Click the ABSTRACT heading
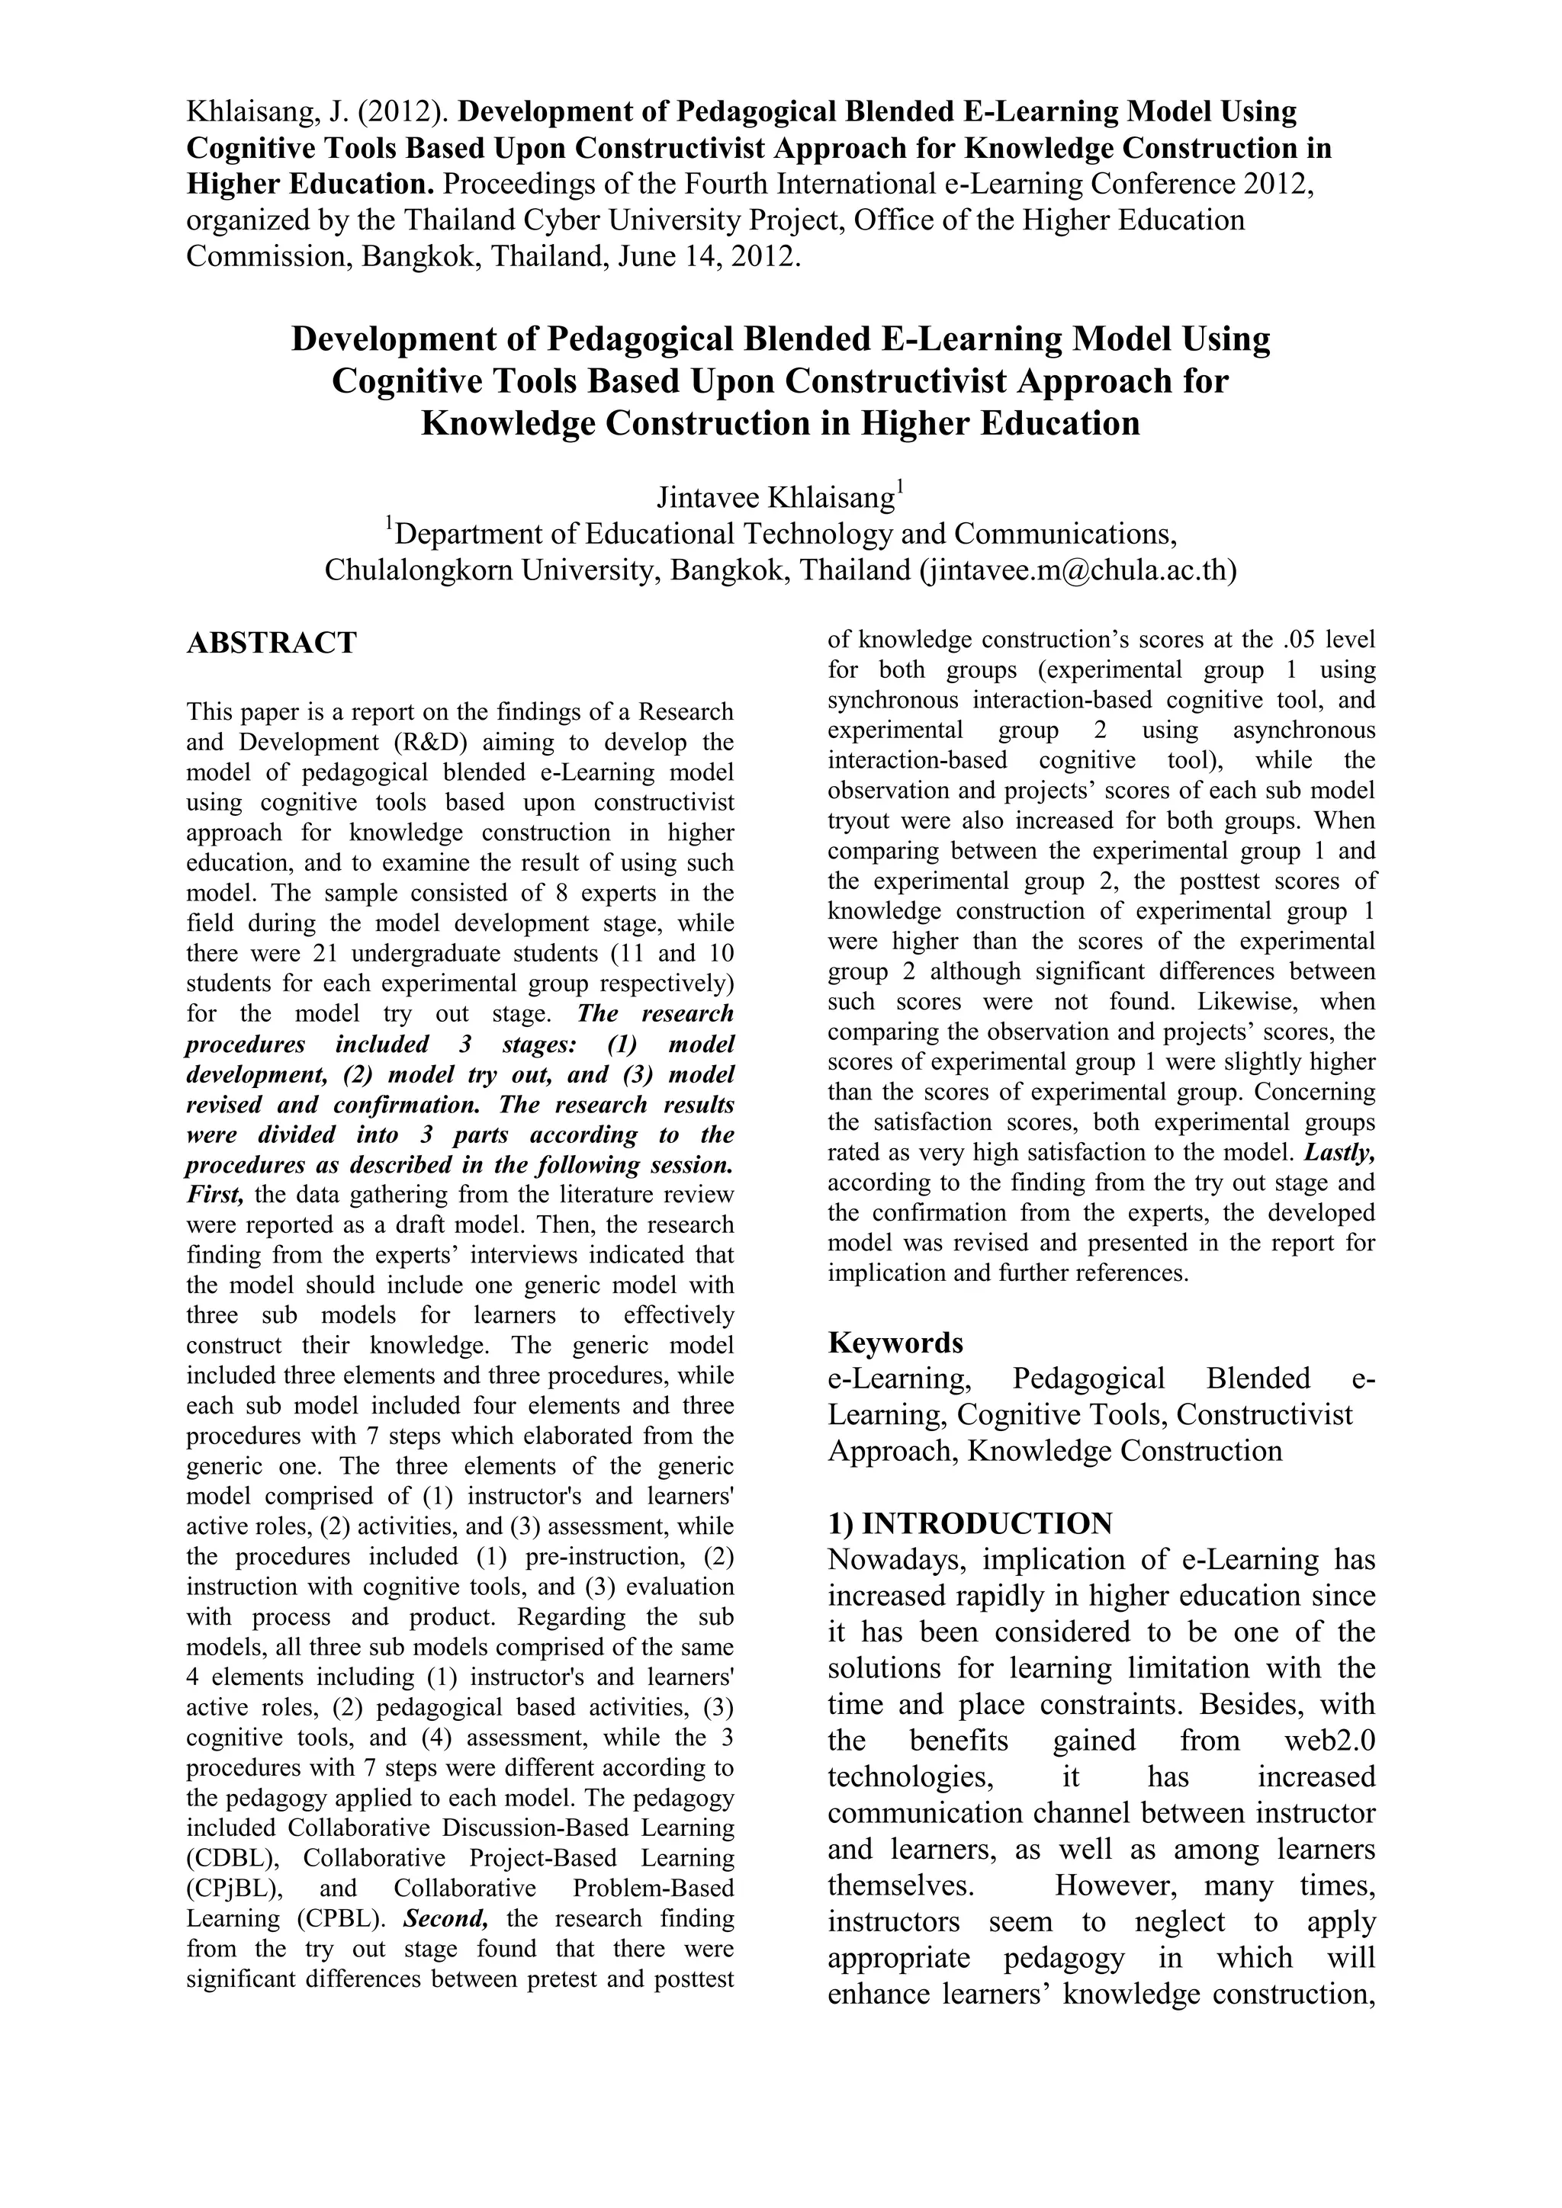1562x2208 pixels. (272, 643)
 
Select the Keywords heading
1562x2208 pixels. (895, 1342)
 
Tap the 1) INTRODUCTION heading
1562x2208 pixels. (969, 1523)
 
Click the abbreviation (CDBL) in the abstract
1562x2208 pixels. (227, 1858)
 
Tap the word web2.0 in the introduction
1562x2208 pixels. (1329, 1741)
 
